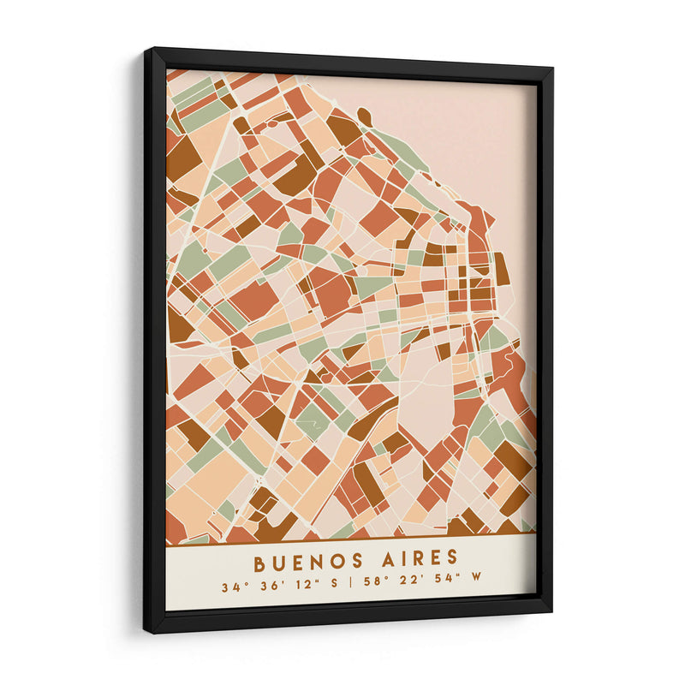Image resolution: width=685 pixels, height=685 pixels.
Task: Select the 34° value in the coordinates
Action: tap(232, 587)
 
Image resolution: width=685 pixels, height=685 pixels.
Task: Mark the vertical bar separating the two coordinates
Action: tap(349, 586)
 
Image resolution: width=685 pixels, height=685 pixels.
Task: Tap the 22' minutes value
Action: tap(407, 584)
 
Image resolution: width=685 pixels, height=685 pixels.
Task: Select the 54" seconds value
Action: tap(444, 583)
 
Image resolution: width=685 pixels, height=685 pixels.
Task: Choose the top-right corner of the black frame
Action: tap(551, 68)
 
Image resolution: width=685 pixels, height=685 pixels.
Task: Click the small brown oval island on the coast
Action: tap(364, 116)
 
